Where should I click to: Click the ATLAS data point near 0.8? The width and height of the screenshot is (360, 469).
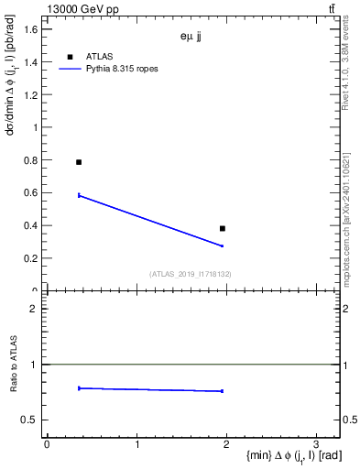(x=79, y=162)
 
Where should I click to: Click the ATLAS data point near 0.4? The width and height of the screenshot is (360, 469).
(x=223, y=228)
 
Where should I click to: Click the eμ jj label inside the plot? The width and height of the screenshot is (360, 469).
(x=191, y=38)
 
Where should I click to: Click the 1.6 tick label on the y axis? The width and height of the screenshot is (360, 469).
(x=30, y=29)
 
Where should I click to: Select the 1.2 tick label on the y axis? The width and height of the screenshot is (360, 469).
(x=30, y=95)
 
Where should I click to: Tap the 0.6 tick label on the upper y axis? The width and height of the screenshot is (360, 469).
(x=30, y=193)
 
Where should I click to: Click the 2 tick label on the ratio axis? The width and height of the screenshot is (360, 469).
(x=34, y=309)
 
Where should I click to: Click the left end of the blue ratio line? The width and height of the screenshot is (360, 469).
(x=80, y=388)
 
